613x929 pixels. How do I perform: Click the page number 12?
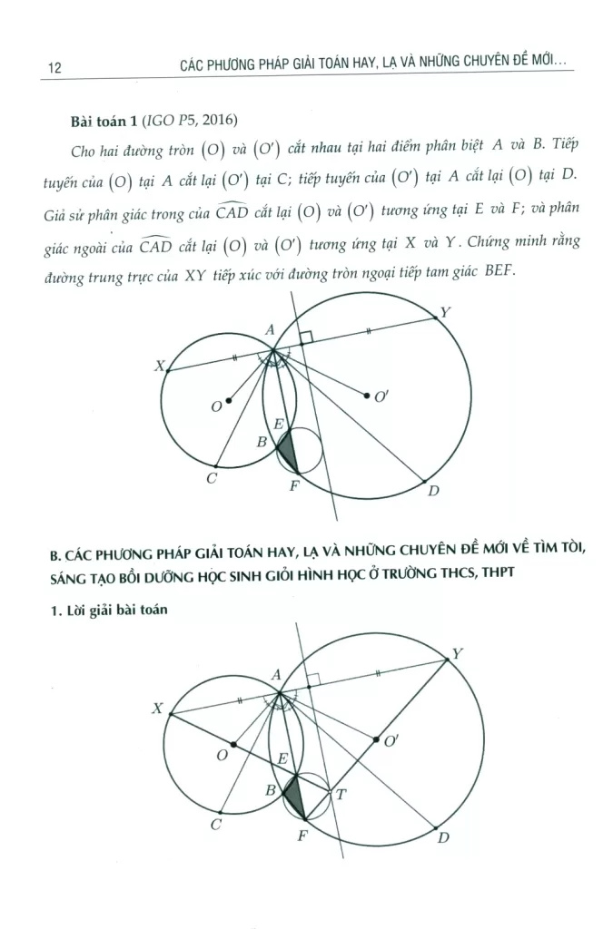coord(52,68)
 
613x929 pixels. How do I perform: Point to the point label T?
coord(341,794)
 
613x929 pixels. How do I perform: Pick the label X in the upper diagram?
coord(159,367)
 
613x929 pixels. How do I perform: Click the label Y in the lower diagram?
coord(457,653)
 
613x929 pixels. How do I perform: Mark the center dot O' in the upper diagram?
coord(366,396)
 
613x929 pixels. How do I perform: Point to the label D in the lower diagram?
coord(443,837)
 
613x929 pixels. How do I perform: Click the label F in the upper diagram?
coord(293,485)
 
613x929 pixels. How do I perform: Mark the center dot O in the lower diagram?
coord(234,744)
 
